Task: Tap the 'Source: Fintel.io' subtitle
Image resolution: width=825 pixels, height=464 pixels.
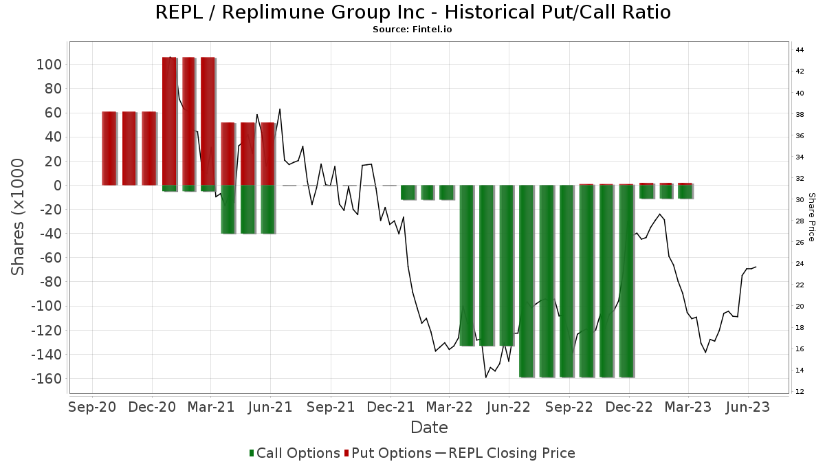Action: pos(412,30)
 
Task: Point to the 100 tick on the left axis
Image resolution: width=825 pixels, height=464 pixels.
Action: pos(52,65)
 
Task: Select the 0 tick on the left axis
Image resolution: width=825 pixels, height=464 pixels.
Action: pos(58,186)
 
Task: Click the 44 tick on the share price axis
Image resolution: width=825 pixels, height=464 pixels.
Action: pos(800,50)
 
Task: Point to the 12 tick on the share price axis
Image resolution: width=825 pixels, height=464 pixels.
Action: pos(800,392)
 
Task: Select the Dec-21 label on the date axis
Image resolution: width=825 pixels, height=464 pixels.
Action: pos(390,407)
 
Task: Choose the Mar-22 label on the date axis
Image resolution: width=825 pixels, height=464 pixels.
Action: pos(449,407)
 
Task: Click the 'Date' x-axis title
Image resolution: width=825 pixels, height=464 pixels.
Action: pos(429,428)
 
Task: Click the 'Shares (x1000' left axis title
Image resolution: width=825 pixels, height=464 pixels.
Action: pos(19,217)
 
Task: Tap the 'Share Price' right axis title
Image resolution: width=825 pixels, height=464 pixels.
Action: pos(812,217)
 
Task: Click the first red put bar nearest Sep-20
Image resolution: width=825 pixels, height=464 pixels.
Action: pos(109,148)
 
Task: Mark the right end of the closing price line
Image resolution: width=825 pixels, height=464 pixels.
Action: pos(756,267)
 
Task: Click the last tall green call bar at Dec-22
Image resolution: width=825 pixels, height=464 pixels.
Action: pos(626,282)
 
